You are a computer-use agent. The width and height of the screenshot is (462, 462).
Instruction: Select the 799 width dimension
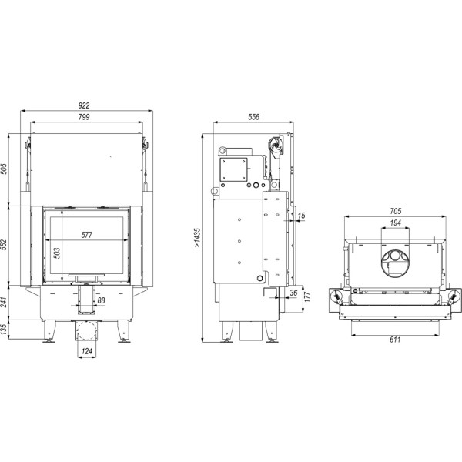point(85,117)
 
